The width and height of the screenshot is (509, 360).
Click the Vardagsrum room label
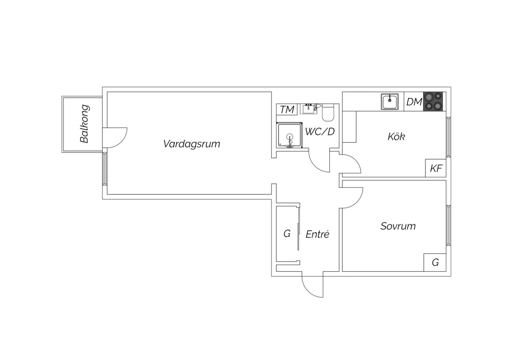pos(192,144)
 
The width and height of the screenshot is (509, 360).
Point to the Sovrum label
pos(398,226)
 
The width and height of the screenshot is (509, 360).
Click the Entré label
pos(317,234)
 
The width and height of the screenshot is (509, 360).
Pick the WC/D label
pos(320,131)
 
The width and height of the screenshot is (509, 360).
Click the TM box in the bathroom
pos(287,109)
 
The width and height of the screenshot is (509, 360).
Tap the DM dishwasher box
pos(414,102)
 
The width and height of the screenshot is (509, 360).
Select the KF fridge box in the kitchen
pos(436,168)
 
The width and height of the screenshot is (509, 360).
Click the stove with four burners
pos(433,102)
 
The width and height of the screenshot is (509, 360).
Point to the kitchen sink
pos(390,102)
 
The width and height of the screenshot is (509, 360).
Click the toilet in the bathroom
pos(328,112)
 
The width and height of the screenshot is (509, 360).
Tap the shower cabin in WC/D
pos(289,135)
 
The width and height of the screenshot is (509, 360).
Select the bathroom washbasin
pos(308,109)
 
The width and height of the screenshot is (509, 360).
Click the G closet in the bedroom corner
pos(435,263)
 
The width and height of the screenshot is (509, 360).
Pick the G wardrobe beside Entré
pos(287,234)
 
